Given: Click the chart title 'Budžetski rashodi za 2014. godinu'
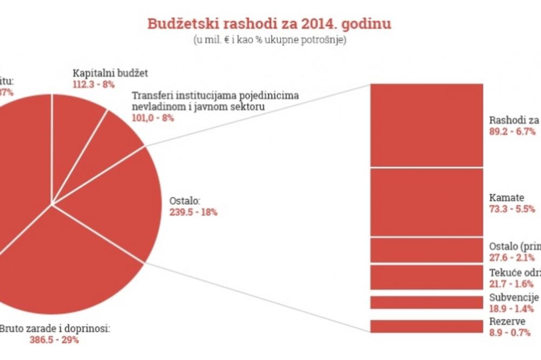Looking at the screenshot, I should coord(269,24).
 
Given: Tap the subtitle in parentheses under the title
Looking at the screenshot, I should coord(269,40).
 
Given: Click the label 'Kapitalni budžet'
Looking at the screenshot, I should coord(110,73).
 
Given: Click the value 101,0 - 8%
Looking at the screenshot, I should coord(153,118).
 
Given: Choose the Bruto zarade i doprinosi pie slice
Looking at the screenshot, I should coord(65,265).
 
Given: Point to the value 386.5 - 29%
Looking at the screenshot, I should coord(54,339).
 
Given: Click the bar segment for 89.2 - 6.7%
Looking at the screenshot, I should coord(426,125).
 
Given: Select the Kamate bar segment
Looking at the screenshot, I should coord(426,202).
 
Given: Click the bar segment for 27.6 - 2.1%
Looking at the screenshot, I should coord(426,250).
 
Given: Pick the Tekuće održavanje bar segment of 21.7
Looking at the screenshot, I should coord(426,277).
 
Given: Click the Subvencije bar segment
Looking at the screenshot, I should coord(426,302).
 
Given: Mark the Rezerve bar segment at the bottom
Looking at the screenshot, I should coord(426,326).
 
